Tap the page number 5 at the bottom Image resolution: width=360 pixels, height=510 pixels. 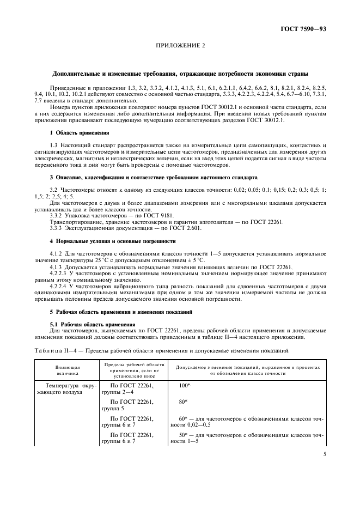[x=324, y=467]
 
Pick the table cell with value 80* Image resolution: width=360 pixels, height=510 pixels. [x=184, y=402]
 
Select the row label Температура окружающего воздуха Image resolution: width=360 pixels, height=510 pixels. [x=67, y=389]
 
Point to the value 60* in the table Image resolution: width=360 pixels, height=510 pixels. [x=184, y=418]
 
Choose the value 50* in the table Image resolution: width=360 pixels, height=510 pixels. [x=184, y=434]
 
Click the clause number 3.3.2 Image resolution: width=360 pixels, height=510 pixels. [x=57, y=216]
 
